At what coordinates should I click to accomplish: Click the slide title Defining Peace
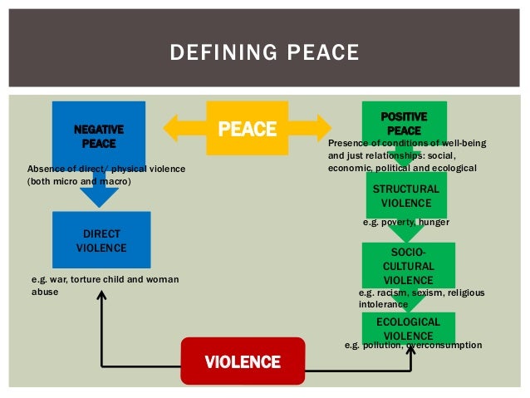pos(264,54)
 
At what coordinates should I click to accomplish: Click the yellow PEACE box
pos(247,129)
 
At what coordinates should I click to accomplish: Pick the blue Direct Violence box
pos(101,240)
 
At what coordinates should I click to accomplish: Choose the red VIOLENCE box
pos(243,361)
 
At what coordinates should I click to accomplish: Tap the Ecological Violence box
pos(408,326)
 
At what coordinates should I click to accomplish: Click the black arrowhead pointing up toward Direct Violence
pos(101,280)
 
